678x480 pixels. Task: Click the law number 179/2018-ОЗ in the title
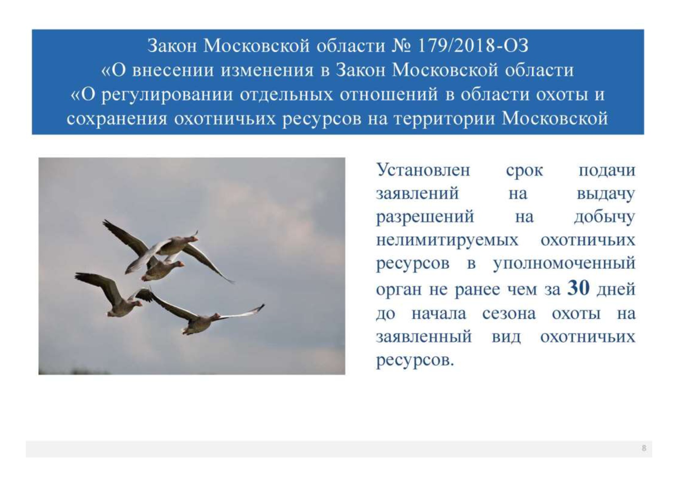473,46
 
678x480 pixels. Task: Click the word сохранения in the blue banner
117,119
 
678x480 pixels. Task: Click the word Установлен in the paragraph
423,170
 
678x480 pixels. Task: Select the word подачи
607,170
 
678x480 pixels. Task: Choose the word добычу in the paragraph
604,217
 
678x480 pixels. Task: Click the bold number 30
579,288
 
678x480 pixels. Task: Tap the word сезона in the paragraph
509,314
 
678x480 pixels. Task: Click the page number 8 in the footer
644,448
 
